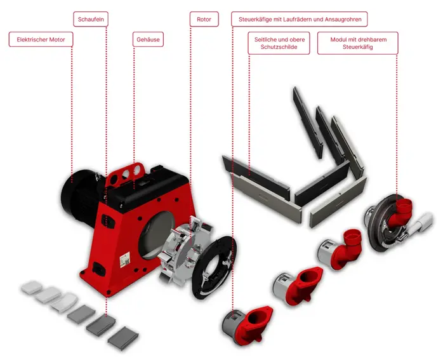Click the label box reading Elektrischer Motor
click(x=41, y=39)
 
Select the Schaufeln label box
click(x=91, y=19)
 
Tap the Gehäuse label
click(x=148, y=39)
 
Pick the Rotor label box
click(x=204, y=19)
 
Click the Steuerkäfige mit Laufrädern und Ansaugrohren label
click(x=300, y=19)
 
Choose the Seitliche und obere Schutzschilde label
click(x=279, y=43)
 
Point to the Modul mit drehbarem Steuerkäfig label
click(x=358, y=43)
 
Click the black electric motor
click(x=79, y=195)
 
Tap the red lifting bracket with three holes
click(x=125, y=175)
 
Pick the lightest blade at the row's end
click(x=32, y=287)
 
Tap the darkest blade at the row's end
click(x=123, y=338)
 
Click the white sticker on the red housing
click(x=124, y=260)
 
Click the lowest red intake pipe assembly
click(x=247, y=325)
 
